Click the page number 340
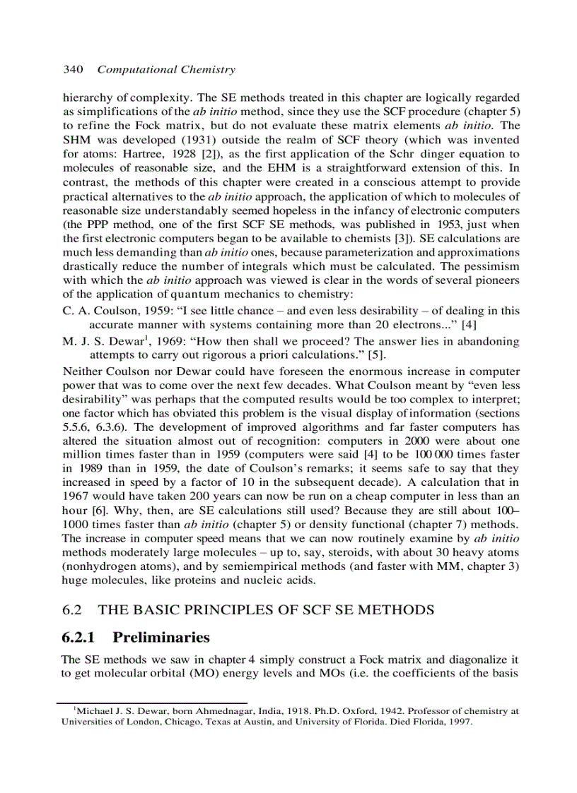[74, 69]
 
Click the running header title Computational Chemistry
[166, 69]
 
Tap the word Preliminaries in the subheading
[161, 638]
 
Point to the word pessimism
[492, 266]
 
